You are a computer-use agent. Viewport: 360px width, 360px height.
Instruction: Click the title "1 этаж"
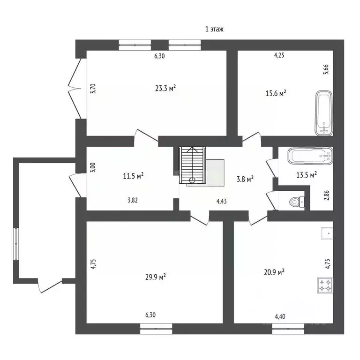tap(215, 29)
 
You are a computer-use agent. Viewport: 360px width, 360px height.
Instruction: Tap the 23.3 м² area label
tap(166, 88)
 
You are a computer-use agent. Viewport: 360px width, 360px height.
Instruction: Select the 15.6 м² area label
tap(276, 93)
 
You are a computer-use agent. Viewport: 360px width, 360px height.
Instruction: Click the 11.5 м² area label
tap(133, 176)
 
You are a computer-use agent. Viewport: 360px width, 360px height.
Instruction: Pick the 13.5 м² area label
tap(307, 174)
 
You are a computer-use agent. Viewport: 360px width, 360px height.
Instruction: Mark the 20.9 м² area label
tap(276, 271)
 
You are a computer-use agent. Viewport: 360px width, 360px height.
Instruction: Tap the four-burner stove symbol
tap(325, 285)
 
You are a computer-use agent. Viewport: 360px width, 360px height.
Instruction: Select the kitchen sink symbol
tap(327, 233)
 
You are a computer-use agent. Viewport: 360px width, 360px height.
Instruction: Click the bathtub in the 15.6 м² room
tap(324, 113)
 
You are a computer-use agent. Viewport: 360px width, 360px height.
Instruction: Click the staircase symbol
tap(192, 165)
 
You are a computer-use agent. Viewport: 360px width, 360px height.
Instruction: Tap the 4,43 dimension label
tap(222, 202)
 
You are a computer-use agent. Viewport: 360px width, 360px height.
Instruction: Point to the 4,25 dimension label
tap(279, 55)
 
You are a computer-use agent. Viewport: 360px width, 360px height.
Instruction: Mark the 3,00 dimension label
tap(93, 167)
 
